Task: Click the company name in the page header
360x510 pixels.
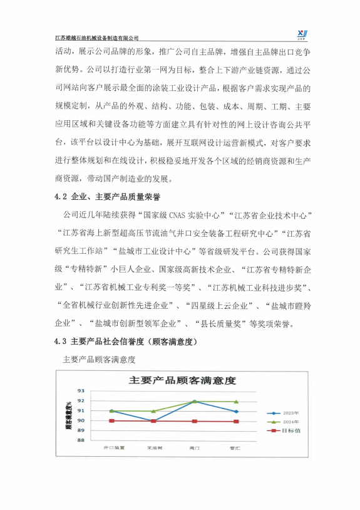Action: [x=97, y=38]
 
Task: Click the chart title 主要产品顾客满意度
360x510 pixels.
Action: [x=182, y=380]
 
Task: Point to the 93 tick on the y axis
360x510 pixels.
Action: [x=81, y=391]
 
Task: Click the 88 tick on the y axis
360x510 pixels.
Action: [x=81, y=440]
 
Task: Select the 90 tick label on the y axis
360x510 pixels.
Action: [x=81, y=420]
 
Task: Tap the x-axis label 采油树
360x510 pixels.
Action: [x=154, y=448]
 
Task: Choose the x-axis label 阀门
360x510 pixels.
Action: [x=195, y=448]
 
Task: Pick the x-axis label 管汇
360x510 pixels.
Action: [x=235, y=448]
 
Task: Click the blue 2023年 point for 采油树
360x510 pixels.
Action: [x=154, y=420]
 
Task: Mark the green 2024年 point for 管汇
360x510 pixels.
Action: [x=235, y=402]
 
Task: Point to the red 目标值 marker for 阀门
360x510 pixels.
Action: [x=195, y=421]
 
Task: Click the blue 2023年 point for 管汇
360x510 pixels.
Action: [x=235, y=412]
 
